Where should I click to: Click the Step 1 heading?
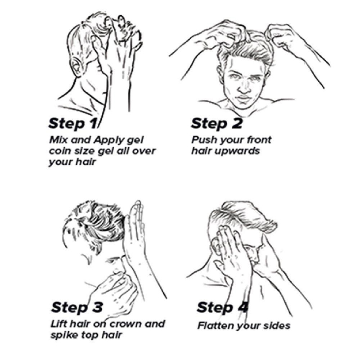(x=73, y=123)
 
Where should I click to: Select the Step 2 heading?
(x=216, y=123)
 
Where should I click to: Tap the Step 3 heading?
(x=77, y=307)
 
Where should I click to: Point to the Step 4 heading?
(x=222, y=307)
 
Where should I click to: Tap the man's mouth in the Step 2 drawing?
(x=244, y=98)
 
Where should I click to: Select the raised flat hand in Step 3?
(x=135, y=229)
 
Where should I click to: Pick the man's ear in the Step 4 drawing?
(x=216, y=246)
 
